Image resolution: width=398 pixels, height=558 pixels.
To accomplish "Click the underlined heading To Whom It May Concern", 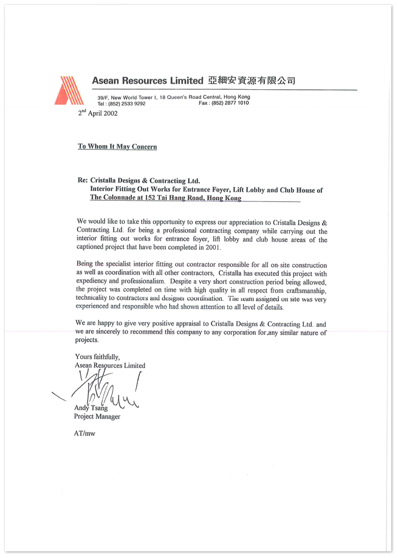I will [117, 146].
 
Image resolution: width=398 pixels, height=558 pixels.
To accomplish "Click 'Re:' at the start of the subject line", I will [83, 181].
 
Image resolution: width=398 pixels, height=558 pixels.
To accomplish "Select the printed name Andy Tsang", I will [91, 408].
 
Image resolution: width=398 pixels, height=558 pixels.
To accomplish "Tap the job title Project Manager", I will [97, 417].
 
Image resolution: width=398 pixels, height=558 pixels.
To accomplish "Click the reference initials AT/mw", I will [84, 434].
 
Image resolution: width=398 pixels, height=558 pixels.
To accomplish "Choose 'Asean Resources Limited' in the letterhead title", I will [147, 81].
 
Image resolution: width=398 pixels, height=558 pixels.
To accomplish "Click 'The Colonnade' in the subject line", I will [115, 198].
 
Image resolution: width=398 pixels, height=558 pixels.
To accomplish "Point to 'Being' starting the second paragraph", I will [86, 265].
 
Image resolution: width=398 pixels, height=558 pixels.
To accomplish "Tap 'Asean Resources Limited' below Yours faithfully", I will [110, 365].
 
